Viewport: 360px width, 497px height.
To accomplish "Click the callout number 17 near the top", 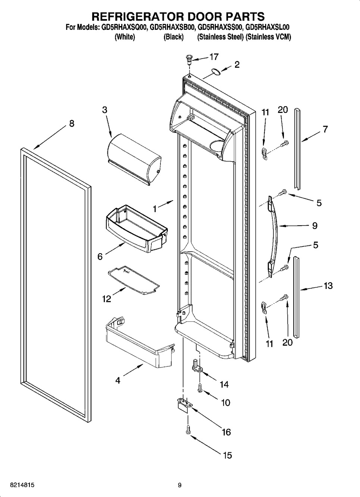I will click(214, 57).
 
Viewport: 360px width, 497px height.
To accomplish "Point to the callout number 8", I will click(72, 123).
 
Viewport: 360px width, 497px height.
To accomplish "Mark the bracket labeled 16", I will click(182, 405).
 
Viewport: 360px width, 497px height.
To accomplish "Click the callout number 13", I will click(328, 286).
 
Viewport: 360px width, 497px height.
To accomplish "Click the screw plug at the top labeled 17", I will click(189, 58).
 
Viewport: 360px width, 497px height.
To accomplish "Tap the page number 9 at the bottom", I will click(179, 485).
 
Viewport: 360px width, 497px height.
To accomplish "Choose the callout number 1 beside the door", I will click(154, 209).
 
